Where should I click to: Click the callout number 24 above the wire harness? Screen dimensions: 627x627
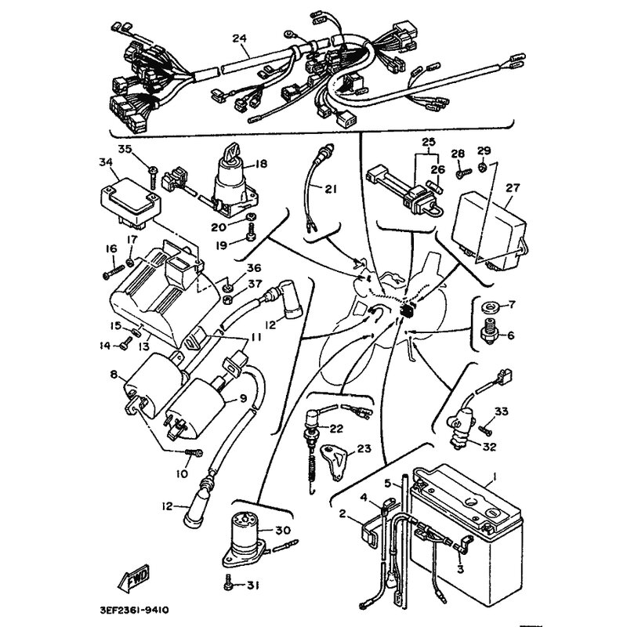pos(239,38)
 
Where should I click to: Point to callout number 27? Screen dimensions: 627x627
pos(513,187)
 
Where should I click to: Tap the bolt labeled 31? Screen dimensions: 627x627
pos(228,584)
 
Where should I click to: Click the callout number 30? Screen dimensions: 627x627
pos(282,530)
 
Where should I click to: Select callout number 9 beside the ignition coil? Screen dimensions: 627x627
pos(243,398)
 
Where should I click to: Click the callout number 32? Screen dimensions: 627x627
pos(490,448)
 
